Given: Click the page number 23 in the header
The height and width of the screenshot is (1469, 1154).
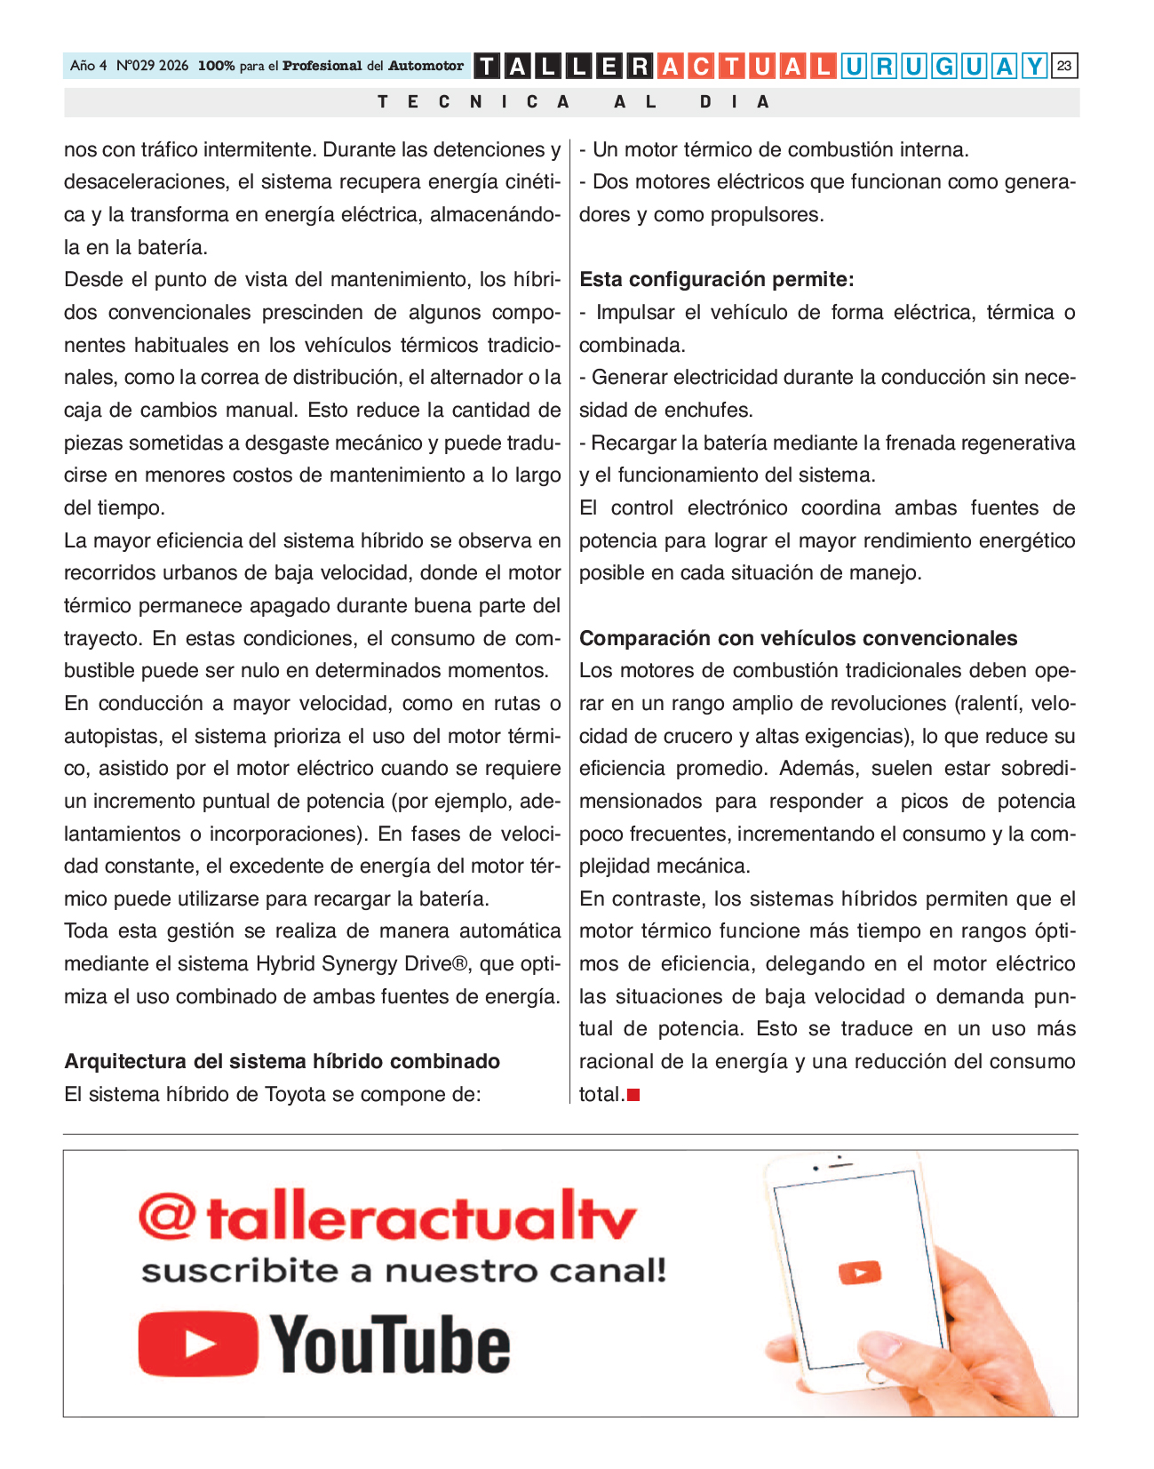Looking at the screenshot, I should [1064, 66].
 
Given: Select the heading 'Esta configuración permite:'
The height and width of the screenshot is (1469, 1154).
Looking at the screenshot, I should [716, 280].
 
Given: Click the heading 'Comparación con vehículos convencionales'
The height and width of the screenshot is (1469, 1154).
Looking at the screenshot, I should [798, 638].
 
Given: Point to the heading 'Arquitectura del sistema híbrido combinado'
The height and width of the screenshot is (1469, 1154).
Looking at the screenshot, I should [282, 1061].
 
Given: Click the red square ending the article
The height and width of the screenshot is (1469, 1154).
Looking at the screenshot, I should [633, 1095].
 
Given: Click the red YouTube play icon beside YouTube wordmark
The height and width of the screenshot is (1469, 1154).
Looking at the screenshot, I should [198, 1344].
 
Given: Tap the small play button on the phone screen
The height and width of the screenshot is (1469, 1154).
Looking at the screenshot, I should [859, 1273].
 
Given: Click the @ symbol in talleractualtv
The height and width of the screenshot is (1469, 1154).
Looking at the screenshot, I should [166, 1218].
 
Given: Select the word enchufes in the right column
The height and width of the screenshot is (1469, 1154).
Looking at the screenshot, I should [711, 411].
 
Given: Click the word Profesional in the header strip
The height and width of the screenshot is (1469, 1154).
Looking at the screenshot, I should [322, 66].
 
